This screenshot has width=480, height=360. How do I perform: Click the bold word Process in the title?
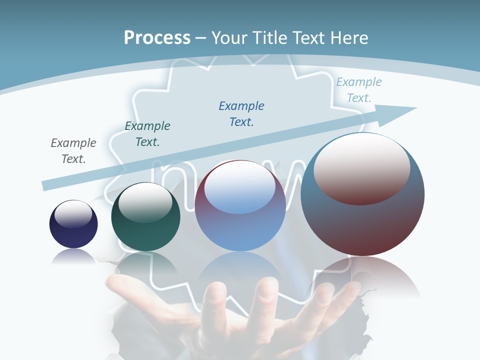[x=157, y=37]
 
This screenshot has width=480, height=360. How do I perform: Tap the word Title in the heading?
[x=272, y=38]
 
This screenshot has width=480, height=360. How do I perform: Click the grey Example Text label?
[x=73, y=151]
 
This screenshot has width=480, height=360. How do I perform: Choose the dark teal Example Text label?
[x=147, y=134]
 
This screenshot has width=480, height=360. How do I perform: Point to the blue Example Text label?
[x=241, y=113]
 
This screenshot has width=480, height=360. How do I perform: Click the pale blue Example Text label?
[x=359, y=90]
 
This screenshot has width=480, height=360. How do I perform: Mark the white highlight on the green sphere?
[x=145, y=202]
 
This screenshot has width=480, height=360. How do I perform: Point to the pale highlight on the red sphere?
[x=362, y=169]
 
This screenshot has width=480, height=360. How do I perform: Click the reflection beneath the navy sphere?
[x=73, y=256]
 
